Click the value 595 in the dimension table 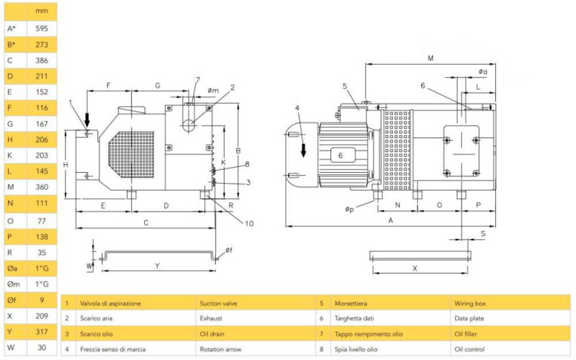42,29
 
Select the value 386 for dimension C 42,60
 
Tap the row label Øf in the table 12,300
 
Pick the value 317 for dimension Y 42,331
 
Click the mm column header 42,12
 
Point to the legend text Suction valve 219,304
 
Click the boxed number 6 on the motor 341,155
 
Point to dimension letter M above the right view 430,57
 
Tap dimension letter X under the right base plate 415,267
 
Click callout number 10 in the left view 248,223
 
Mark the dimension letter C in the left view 145,222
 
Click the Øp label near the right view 349,209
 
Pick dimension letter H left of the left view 66,165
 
